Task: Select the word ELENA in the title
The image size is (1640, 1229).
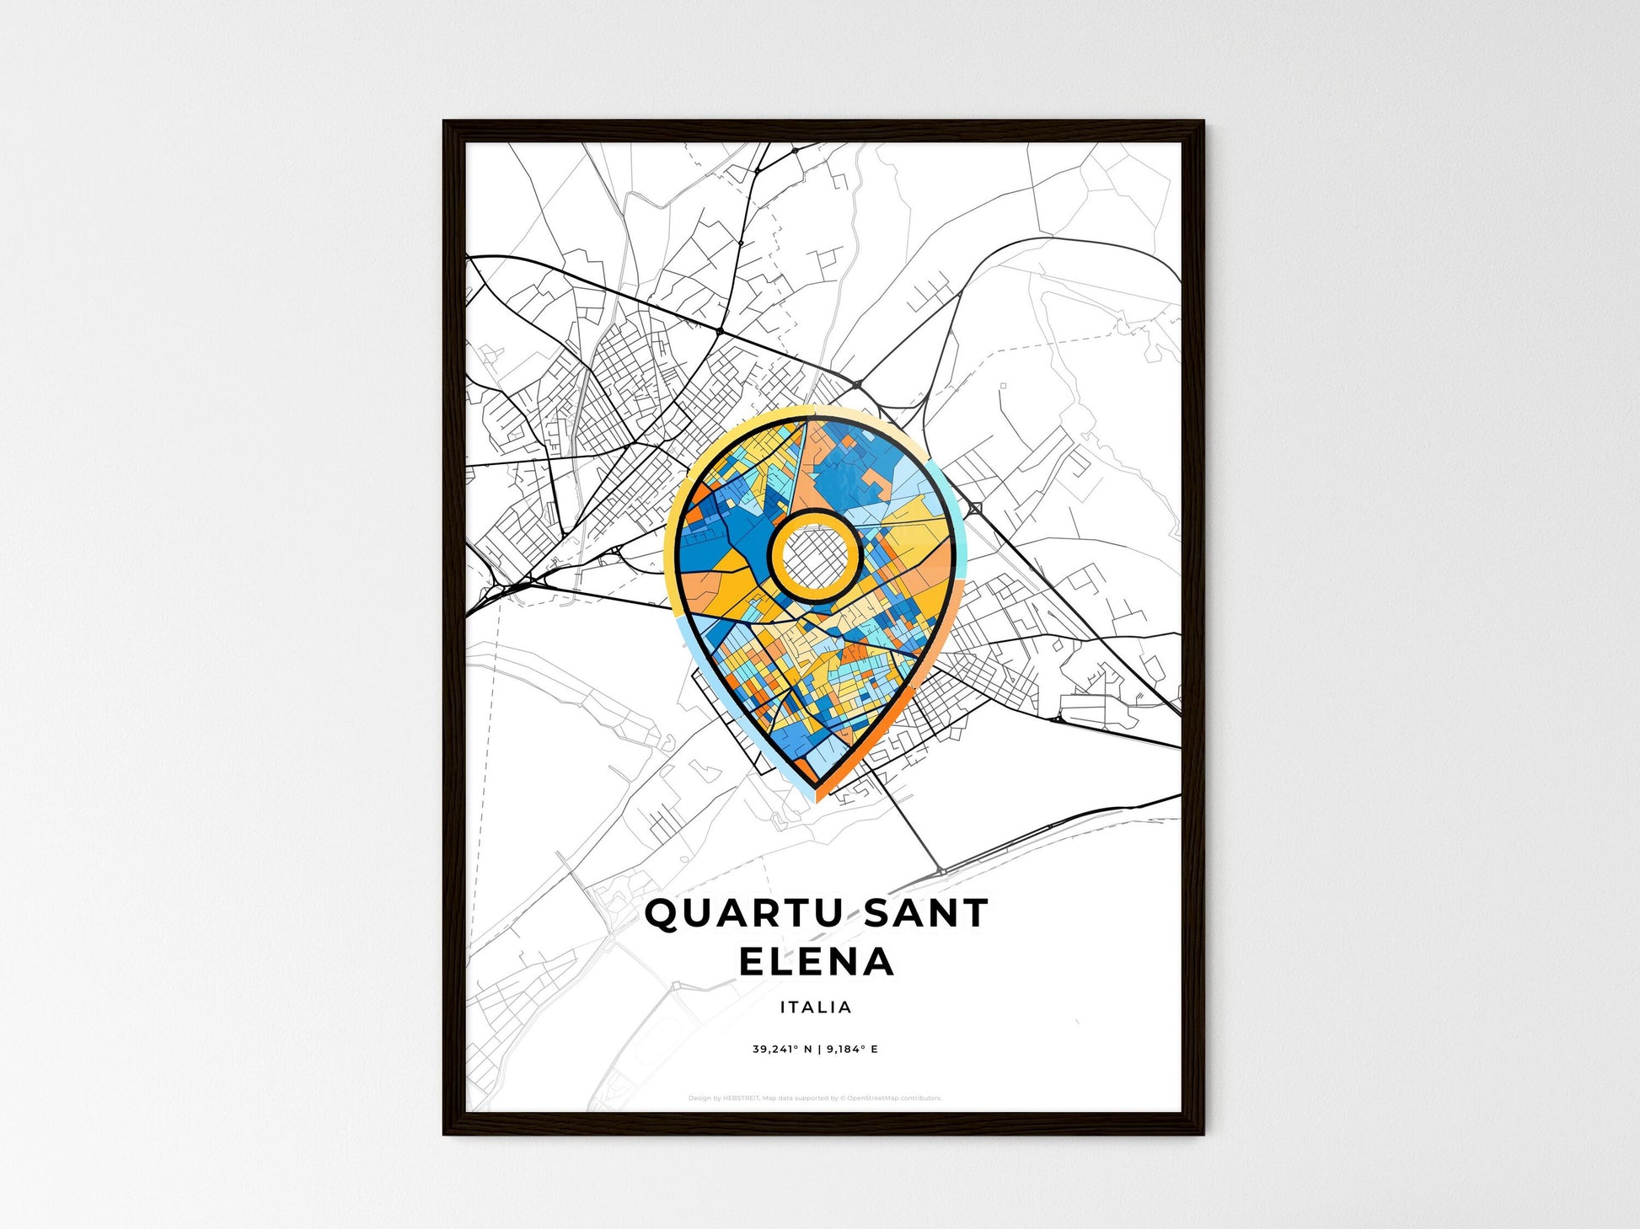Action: point(816,962)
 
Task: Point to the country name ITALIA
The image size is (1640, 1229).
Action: point(816,1007)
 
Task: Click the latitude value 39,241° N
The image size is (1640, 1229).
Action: point(782,1050)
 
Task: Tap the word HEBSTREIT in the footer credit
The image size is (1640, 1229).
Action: point(741,1098)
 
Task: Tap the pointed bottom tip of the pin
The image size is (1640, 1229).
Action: point(816,797)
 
